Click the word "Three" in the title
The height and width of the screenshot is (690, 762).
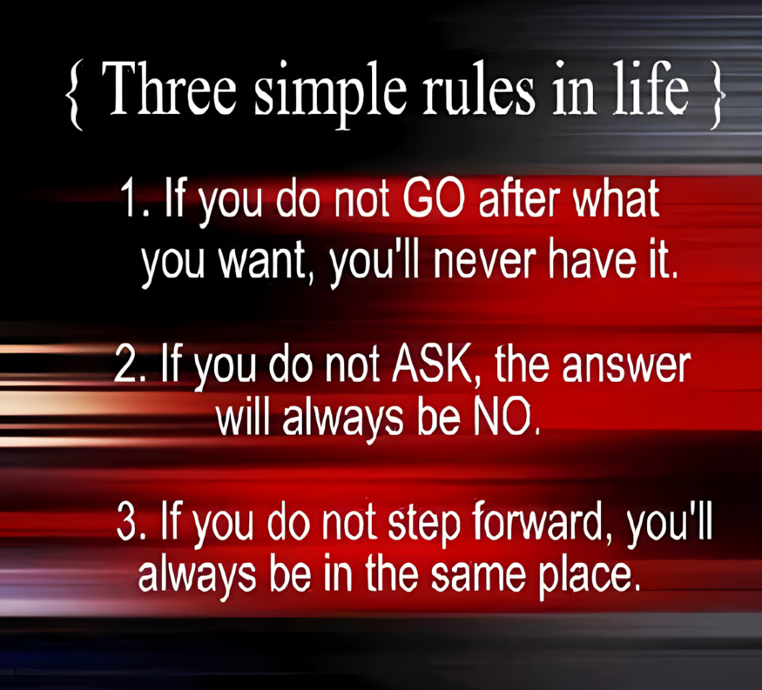(x=169, y=89)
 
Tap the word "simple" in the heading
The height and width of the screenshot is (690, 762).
(x=330, y=94)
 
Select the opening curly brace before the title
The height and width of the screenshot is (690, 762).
(x=74, y=94)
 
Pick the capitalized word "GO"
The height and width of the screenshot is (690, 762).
(x=434, y=198)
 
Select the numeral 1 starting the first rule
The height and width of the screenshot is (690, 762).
(x=129, y=198)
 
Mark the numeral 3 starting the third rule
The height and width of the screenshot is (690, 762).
(x=126, y=522)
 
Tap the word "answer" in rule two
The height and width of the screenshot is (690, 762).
(x=626, y=367)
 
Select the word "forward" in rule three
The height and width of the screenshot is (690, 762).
(x=536, y=522)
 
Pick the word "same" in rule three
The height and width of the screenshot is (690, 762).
(x=477, y=576)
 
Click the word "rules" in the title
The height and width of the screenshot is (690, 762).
(x=479, y=89)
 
